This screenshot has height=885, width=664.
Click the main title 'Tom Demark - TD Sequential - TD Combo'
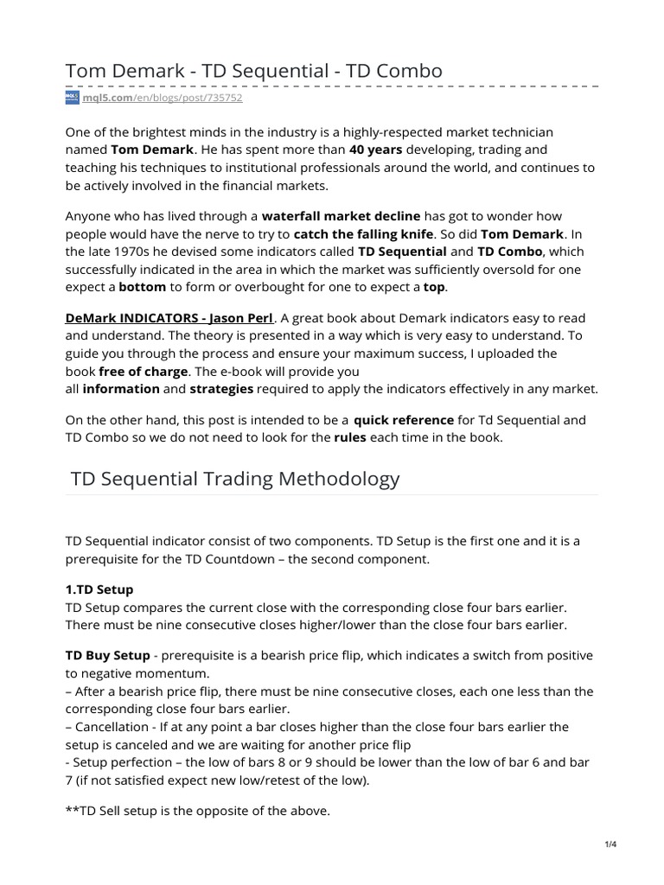(254, 71)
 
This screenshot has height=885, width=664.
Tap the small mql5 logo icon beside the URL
(72, 99)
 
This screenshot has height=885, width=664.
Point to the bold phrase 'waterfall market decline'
(341, 215)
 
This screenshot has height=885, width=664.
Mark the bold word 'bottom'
(142, 287)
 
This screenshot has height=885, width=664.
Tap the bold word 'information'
(121, 389)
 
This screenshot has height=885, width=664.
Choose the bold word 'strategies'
(221, 389)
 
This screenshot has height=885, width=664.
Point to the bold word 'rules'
(350, 437)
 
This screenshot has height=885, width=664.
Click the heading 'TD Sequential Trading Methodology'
(233, 478)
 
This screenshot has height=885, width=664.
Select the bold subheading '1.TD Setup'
(99, 589)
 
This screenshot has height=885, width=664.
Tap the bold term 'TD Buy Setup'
(105, 655)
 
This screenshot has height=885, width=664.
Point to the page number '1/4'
(611, 844)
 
